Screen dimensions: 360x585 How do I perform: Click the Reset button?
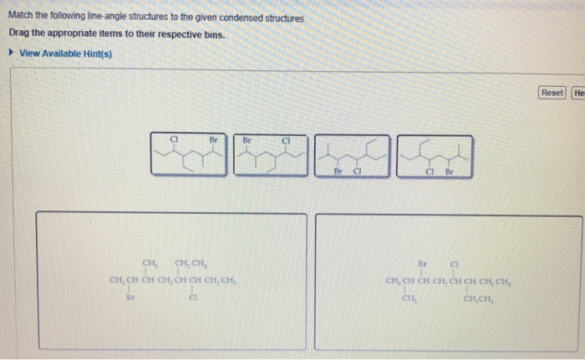pyautogui.click(x=552, y=93)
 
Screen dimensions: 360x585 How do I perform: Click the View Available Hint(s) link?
pyautogui.click(x=65, y=54)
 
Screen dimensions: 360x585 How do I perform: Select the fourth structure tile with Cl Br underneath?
pyautogui.click(x=435, y=155)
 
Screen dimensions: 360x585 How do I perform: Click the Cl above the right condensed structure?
pyautogui.click(x=455, y=261)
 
